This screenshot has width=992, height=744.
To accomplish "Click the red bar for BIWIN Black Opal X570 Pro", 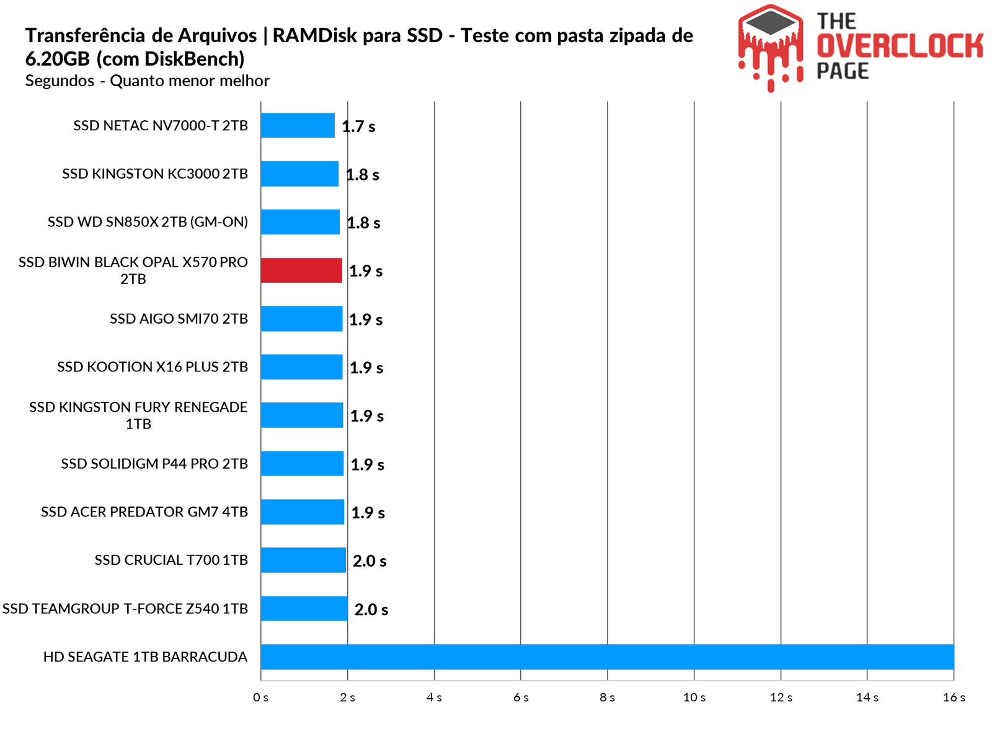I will coord(301,270).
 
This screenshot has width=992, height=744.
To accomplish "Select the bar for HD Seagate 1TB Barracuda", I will coord(607,657).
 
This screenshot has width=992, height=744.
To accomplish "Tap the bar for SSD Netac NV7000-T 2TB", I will coord(298,125).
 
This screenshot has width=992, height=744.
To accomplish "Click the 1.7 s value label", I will coord(359,127).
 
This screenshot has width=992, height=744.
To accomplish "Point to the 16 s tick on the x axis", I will coord(954,697).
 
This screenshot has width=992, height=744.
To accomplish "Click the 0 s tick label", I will coord(261,697).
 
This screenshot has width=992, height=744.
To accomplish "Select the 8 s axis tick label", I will coord(607,697).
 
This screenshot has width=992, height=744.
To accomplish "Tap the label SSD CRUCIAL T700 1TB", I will coord(171,560).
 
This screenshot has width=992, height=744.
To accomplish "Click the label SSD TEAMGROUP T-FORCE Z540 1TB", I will coord(125,608).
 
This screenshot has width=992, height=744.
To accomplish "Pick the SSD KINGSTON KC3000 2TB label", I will coord(155,174).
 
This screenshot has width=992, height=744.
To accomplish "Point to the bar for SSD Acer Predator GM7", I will coord(303,511).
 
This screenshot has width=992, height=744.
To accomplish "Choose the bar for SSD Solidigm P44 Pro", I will coord(302,463).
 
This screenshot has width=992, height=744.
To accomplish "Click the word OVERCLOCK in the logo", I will coord(900,46).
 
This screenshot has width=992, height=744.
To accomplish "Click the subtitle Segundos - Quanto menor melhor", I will coord(148,81).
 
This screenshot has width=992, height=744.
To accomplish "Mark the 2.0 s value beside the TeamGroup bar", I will coord(371,609).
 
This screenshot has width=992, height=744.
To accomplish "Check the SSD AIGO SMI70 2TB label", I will coord(179,319).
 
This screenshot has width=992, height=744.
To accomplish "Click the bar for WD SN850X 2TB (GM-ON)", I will coord(300,222).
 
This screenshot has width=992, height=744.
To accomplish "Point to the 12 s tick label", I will coord(781,697).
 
